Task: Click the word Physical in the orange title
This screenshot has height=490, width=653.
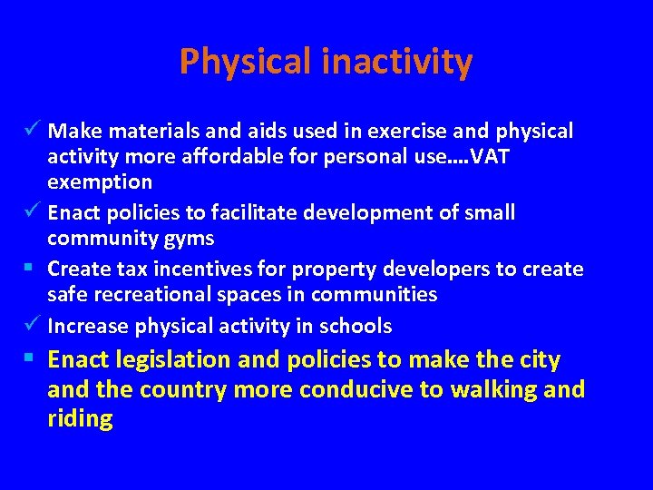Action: click(245, 62)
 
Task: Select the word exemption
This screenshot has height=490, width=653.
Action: click(100, 181)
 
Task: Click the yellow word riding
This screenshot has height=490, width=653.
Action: click(80, 419)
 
